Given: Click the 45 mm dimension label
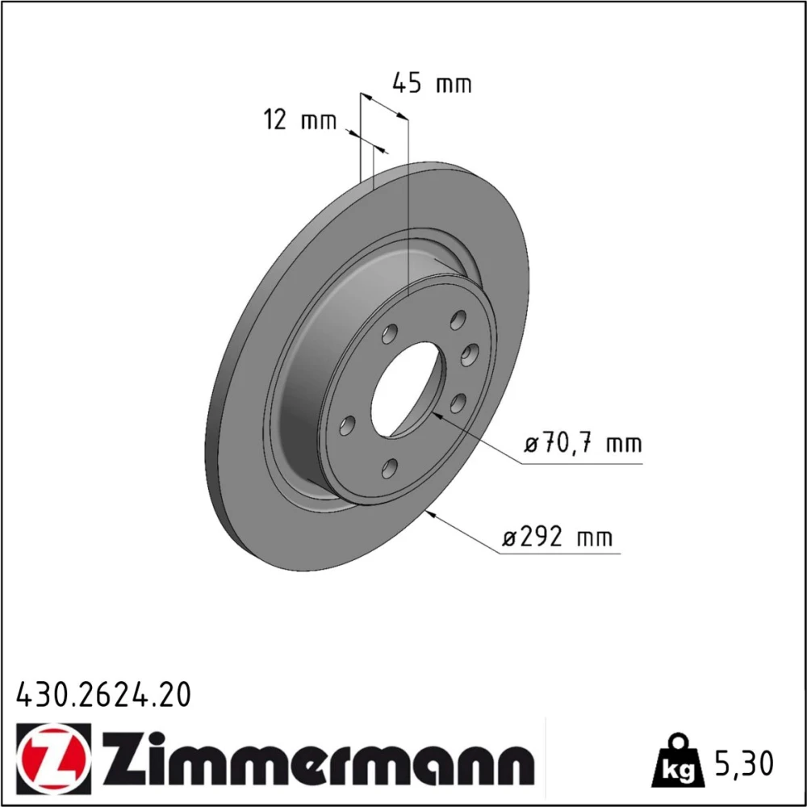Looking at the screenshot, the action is [432, 83].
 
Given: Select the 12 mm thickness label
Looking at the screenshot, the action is [300, 120].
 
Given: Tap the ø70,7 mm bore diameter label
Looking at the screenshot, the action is [583, 444].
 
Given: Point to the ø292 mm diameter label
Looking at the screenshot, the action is [558, 537].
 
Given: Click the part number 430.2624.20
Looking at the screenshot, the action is [103, 695].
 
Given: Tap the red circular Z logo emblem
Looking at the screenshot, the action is [53, 755].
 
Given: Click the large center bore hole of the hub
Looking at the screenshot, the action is [407, 390].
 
